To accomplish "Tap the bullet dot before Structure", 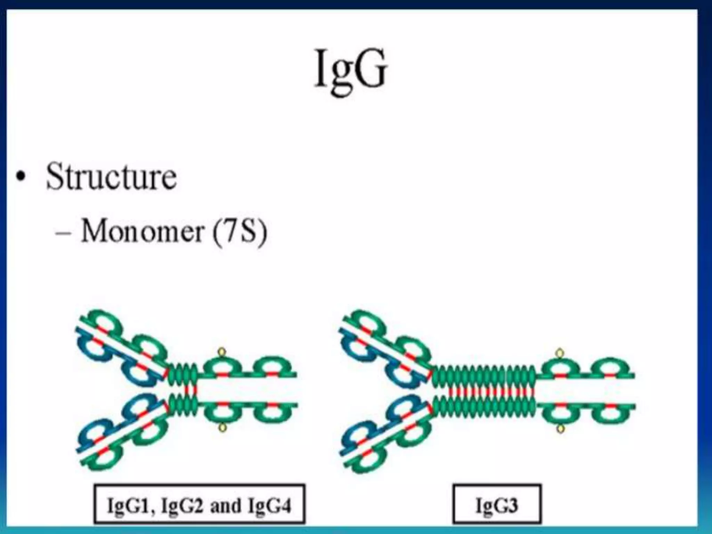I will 21,177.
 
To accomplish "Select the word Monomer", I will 142,231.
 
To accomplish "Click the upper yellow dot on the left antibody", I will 222,353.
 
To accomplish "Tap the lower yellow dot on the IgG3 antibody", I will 560,429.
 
